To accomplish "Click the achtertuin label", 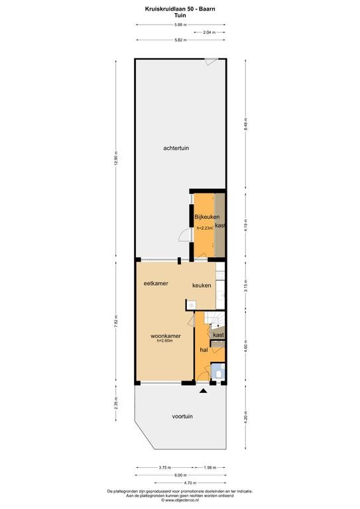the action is pos(176,148).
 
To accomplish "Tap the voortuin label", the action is pos(182,416).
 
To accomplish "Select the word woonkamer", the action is pos(166,336).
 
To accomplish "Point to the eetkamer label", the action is pos(156,284).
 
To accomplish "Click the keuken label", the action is pos(202,286).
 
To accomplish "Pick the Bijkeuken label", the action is pos(207,217).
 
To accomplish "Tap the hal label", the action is pos(204,350).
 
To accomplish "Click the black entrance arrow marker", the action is pos(204,391).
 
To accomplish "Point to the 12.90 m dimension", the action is pos(116,159).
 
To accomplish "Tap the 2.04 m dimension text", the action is pos(208,32).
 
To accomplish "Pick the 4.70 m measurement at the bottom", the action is pos(190,482).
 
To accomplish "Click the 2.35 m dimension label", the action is pos(116,403).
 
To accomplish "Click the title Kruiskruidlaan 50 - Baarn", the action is pos(180,9).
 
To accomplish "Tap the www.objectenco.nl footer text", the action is pos(180,500).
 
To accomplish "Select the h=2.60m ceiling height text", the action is pos(164,341).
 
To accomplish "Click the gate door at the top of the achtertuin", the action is pos(211,61).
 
